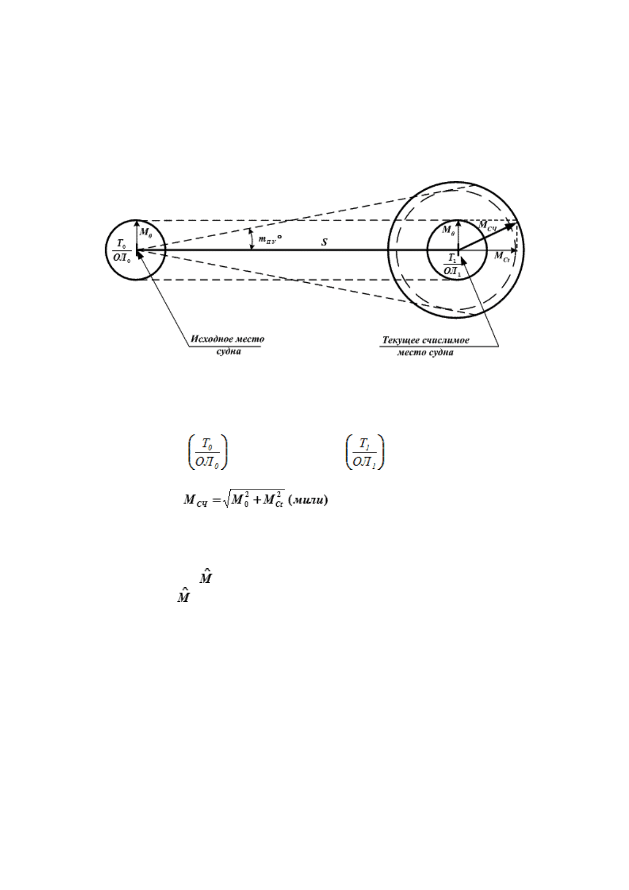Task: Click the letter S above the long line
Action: pyautogui.click(x=324, y=243)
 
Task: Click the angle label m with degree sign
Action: pyautogui.click(x=270, y=239)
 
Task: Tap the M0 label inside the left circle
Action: pyautogui.click(x=145, y=232)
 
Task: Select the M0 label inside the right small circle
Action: pyautogui.click(x=448, y=230)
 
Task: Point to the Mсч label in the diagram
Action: pyautogui.click(x=487, y=226)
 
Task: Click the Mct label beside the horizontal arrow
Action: pyautogui.click(x=502, y=257)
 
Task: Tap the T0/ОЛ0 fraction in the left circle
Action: pyautogui.click(x=121, y=251)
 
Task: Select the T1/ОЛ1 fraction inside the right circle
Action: pyautogui.click(x=452, y=265)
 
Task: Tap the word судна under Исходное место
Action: pyautogui.click(x=229, y=352)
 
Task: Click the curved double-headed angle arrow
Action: pyautogui.click(x=251, y=239)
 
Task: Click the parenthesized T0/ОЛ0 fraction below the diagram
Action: pyautogui.click(x=208, y=452)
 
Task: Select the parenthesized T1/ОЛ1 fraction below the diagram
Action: pyautogui.click(x=365, y=452)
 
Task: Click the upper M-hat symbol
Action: pyautogui.click(x=205, y=577)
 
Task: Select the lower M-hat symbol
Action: pyautogui.click(x=183, y=596)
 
